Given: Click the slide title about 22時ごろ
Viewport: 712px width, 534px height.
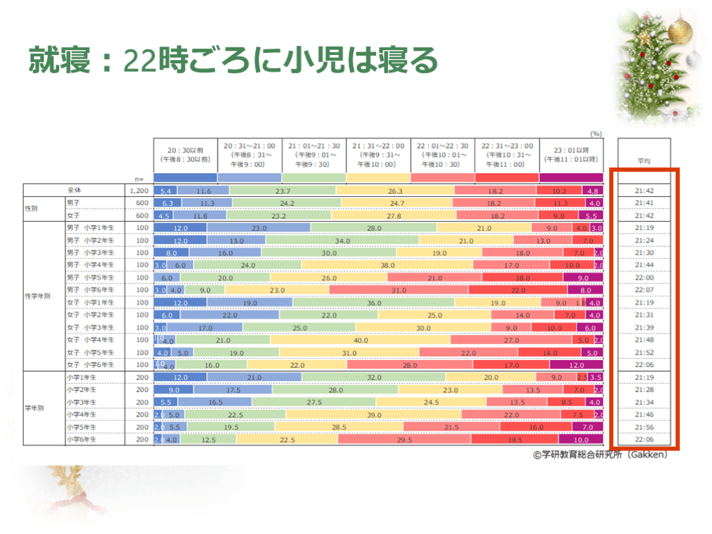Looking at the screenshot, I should pos(233,61).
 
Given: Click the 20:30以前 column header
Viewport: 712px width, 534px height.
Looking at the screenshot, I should pos(186,154).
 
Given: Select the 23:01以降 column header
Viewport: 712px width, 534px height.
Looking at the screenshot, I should pos(571,154).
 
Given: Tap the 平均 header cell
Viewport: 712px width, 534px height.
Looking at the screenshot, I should pos(644,161).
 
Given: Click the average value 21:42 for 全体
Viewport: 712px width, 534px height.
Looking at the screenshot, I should pos(644,190).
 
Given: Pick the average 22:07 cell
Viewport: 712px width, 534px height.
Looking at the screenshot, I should pos(644,290).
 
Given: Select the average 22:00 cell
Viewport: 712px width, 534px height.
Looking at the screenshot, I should pos(644,277).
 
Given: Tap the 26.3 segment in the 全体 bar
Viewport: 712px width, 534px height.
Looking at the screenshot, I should pos(394,190).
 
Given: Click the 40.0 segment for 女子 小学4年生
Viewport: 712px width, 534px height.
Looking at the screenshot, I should pos(360,340).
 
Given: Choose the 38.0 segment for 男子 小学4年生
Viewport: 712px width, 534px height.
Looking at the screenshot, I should pos(368,265).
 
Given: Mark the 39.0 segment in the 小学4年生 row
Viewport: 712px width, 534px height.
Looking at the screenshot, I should pos(374,414).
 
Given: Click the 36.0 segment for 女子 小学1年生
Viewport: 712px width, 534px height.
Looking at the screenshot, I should pos(374,302).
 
